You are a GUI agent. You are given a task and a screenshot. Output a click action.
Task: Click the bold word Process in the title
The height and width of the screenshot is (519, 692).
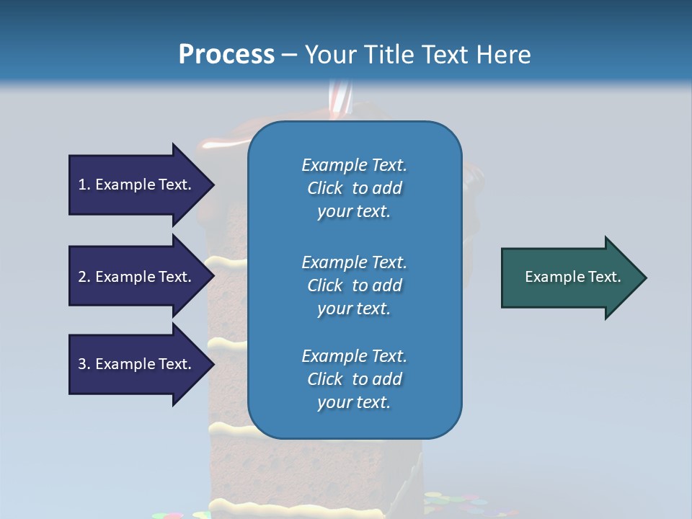click(226, 55)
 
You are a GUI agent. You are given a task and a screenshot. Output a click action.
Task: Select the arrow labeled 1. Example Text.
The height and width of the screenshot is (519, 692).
click(137, 185)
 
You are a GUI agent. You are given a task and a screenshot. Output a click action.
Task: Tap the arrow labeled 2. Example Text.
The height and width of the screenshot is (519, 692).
click(137, 277)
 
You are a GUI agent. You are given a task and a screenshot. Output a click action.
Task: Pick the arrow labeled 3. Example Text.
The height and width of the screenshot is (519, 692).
click(137, 364)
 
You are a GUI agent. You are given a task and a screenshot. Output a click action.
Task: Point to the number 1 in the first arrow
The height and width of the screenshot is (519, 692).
click(82, 185)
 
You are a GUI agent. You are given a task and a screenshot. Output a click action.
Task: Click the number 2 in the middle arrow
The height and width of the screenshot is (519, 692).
click(82, 277)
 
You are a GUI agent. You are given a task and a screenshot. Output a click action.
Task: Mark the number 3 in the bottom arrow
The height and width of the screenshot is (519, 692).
click(82, 364)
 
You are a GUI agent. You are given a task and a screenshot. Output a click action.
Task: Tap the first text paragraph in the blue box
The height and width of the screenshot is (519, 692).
click(354, 188)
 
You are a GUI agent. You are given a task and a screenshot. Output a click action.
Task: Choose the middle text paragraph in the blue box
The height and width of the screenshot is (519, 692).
click(354, 285)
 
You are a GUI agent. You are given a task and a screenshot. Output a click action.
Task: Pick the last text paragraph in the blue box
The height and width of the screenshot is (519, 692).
click(354, 379)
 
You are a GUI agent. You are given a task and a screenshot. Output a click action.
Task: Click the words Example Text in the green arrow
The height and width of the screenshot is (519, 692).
click(572, 277)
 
